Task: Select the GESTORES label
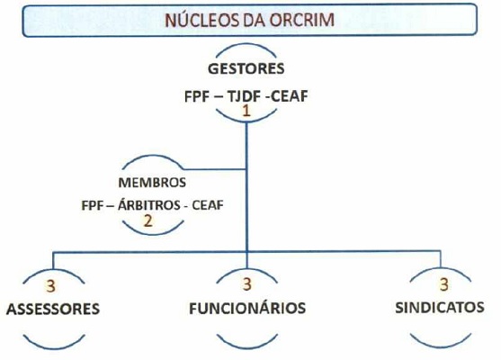[246, 68]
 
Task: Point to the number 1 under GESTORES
[246, 112]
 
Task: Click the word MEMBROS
[152, 183]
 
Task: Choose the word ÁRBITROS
[148, 205]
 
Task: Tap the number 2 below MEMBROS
[148, 220]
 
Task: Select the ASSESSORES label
[53, 310]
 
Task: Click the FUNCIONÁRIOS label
[247, 308]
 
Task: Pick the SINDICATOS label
[440, 308]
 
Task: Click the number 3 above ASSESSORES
[50, 286]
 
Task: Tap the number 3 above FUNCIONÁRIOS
[247, 284]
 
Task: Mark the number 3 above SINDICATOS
[444, 284]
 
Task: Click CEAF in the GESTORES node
[289, 96]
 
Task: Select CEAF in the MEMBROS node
[208, 205]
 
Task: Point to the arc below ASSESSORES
[54, 347]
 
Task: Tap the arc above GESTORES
[246, 45]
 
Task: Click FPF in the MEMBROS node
[92, 205]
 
